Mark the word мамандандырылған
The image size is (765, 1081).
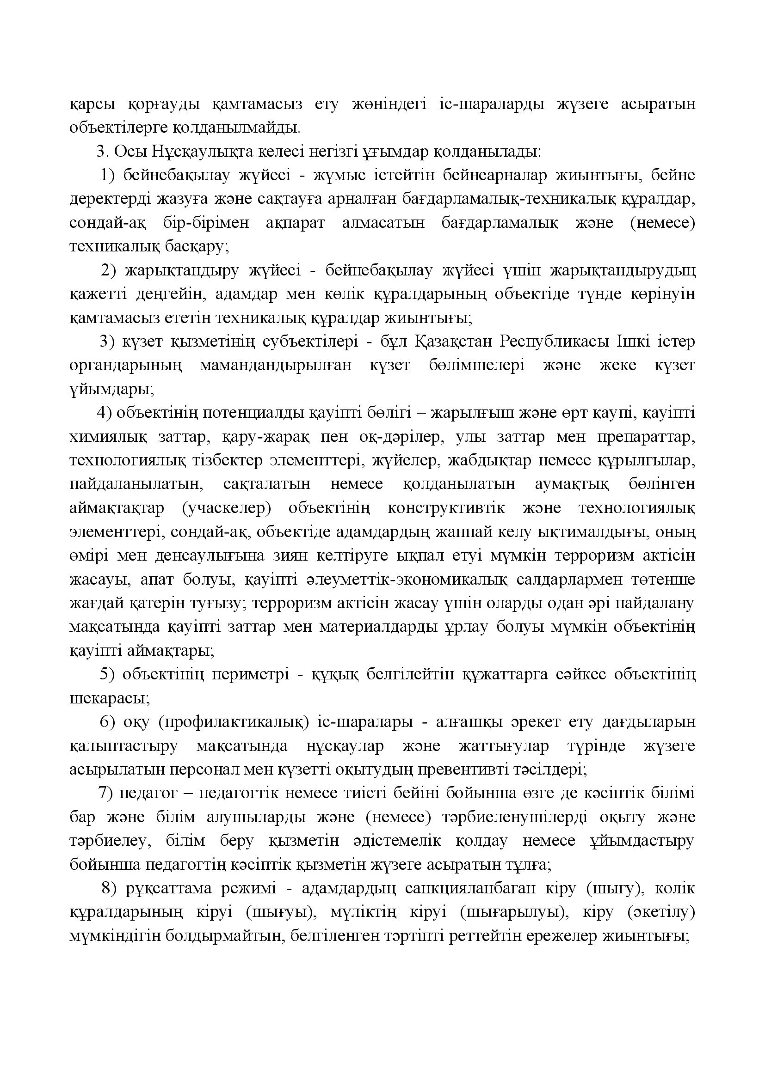pos(276,366)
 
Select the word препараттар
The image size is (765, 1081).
pos(646,437)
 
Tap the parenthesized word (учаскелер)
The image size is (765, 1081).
pos(226,508)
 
